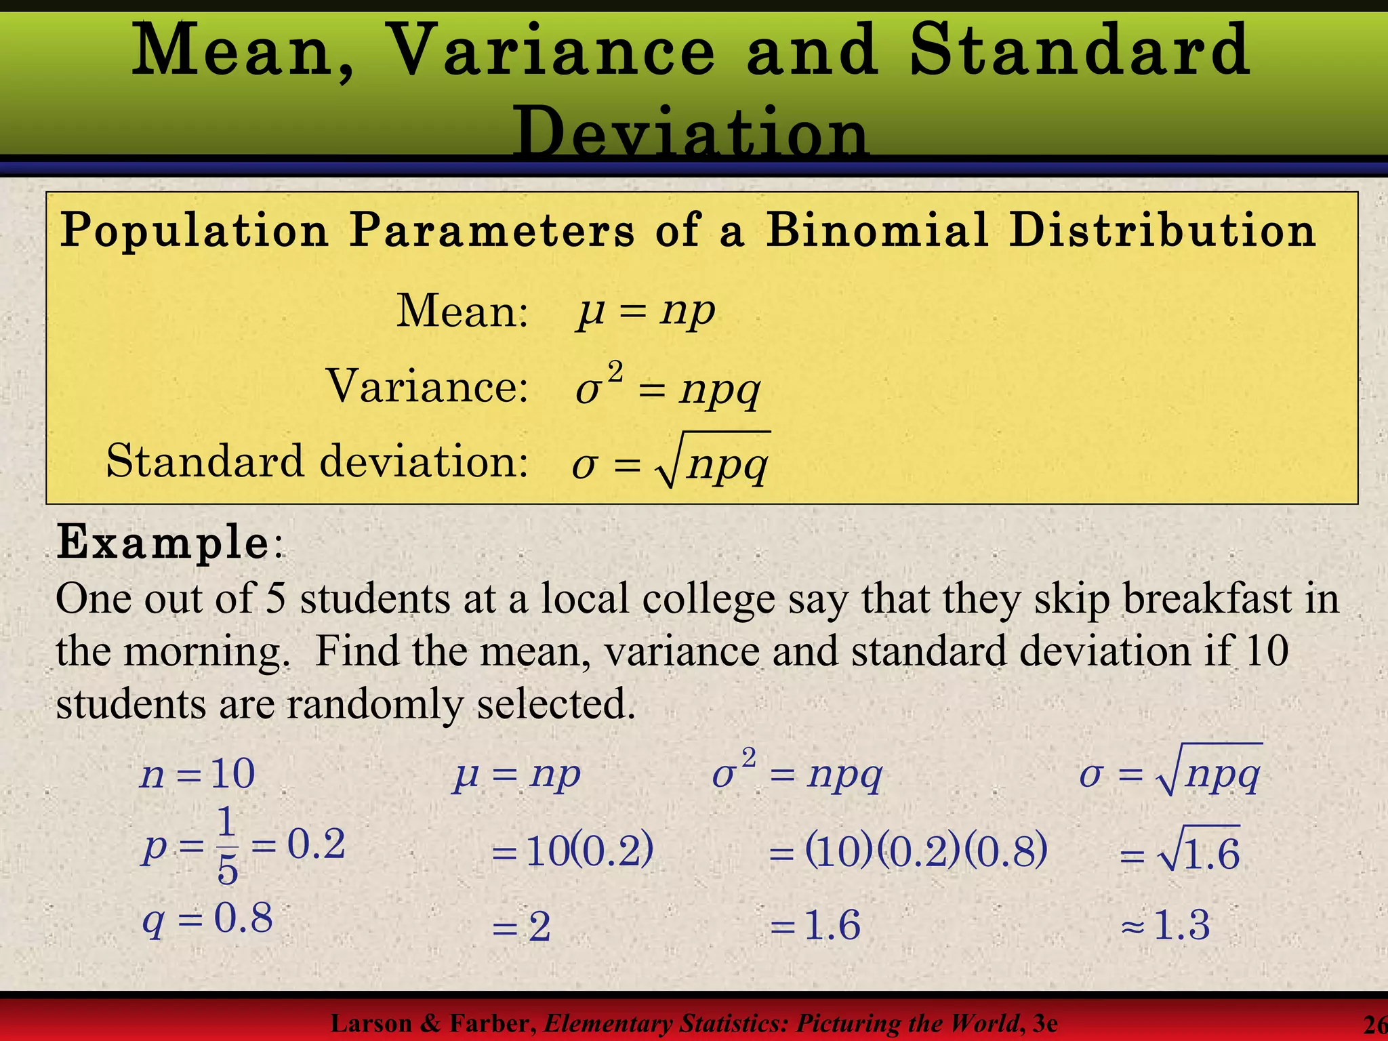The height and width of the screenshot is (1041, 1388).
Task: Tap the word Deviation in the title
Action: [x=691, y=132]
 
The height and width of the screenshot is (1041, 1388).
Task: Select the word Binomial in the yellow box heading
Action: [x=877, y=230]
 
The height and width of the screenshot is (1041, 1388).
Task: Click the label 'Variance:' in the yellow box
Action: [x=427, y=387]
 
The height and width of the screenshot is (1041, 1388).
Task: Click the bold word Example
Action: [x=163, y=543]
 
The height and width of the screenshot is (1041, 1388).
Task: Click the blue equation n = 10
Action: [x=197, y=774]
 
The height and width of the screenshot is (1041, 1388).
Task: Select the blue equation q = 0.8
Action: [x=207, y=920]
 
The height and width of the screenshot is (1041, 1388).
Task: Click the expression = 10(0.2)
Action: [x=573, y=851]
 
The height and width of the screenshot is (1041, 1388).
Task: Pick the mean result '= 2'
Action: [x=521, y=926]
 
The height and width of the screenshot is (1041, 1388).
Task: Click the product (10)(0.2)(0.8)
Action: [x=926, y=851]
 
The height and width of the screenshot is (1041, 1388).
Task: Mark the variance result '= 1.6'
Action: [x=816, y=926]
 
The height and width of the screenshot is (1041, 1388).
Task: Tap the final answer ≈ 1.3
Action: [x=1166, y=926]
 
